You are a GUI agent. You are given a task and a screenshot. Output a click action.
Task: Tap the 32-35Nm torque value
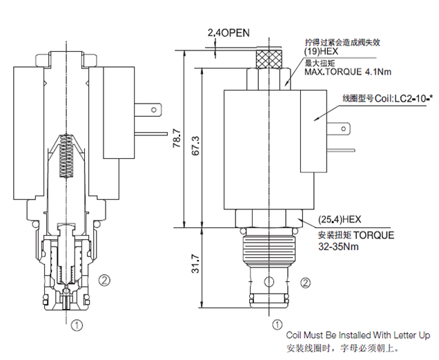click(338, 244)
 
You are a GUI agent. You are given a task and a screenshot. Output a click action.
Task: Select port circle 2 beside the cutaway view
click(104, 281)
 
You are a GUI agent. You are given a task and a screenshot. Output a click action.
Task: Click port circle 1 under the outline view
click(277, 323)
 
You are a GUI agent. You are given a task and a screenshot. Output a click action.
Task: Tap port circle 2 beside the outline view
click(306, 282)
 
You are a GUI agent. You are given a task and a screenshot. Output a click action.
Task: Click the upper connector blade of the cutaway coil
click(148, 111)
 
